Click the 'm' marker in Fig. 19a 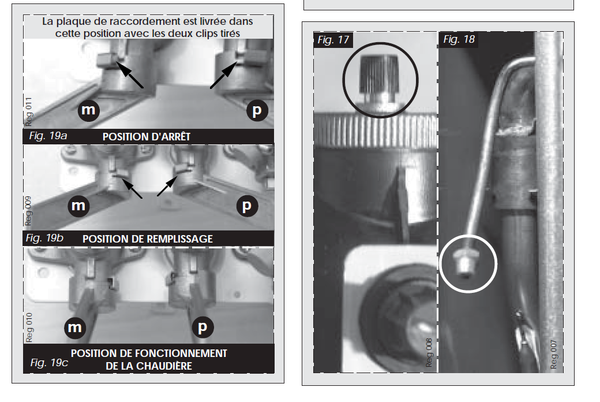[88, 110]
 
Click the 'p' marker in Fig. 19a [257, 110]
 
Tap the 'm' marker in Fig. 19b [78, 206]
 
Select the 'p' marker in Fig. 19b [247, 206]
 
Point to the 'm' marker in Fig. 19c [74, 327]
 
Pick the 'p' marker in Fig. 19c [202, 327]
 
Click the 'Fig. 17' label [333, 40]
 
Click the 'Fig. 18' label [459, 39]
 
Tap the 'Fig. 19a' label [48, 136]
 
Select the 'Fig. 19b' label [44, 238]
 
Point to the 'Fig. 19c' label [49, 363]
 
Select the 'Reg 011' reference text [29, 112]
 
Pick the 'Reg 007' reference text [554, 355]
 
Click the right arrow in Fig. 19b [167, 186]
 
